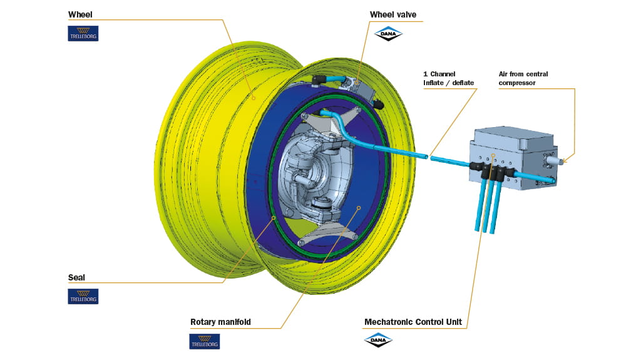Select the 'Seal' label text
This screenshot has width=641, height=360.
(76, 277)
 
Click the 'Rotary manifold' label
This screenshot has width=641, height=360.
(220, 322)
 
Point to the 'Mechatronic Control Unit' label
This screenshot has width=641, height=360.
(413, 322)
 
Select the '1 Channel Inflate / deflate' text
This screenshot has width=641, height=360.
(449, 78)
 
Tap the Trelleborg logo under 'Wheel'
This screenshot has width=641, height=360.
(83, 33)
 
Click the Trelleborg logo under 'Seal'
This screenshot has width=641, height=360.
(83, 296)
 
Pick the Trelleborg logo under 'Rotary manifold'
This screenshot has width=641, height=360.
(205, 341)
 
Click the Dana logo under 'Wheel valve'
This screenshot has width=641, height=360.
(387, 33)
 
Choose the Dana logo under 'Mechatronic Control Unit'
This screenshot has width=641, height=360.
(378, 340)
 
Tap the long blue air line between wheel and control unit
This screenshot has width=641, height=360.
(401, 151)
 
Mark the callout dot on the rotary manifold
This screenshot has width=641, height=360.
(358, 207)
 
